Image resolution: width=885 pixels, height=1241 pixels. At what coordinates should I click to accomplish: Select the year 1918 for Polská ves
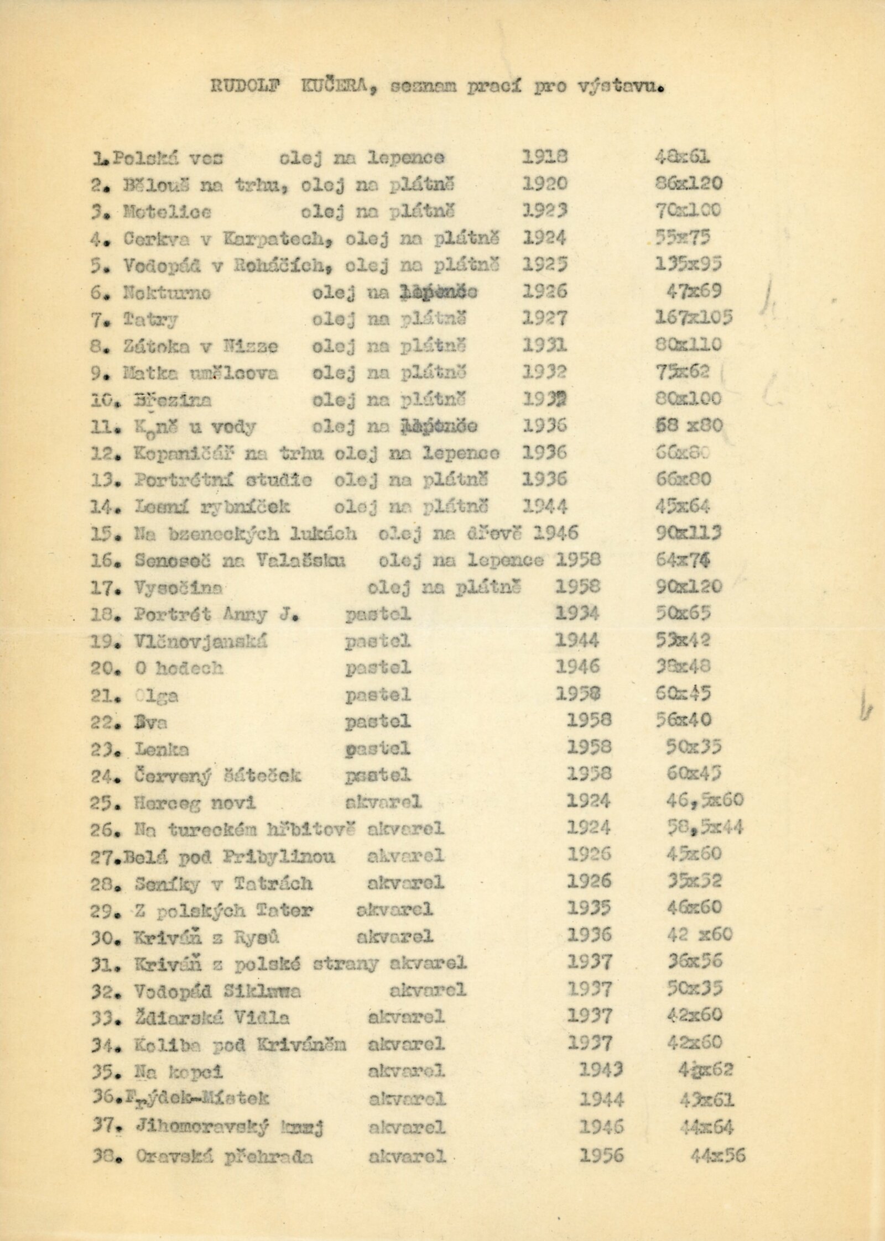click(545, 158)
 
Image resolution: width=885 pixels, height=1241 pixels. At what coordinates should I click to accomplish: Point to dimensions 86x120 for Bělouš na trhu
click(688, 184)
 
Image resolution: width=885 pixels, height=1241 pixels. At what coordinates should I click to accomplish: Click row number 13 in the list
click(103, 480)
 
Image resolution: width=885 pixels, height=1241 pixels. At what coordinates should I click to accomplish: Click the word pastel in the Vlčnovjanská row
click(378, 641)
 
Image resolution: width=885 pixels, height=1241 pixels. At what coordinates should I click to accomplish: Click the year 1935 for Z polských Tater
click(589, 908)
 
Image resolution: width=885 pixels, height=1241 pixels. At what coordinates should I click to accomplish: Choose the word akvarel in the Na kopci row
click(406, 1071)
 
